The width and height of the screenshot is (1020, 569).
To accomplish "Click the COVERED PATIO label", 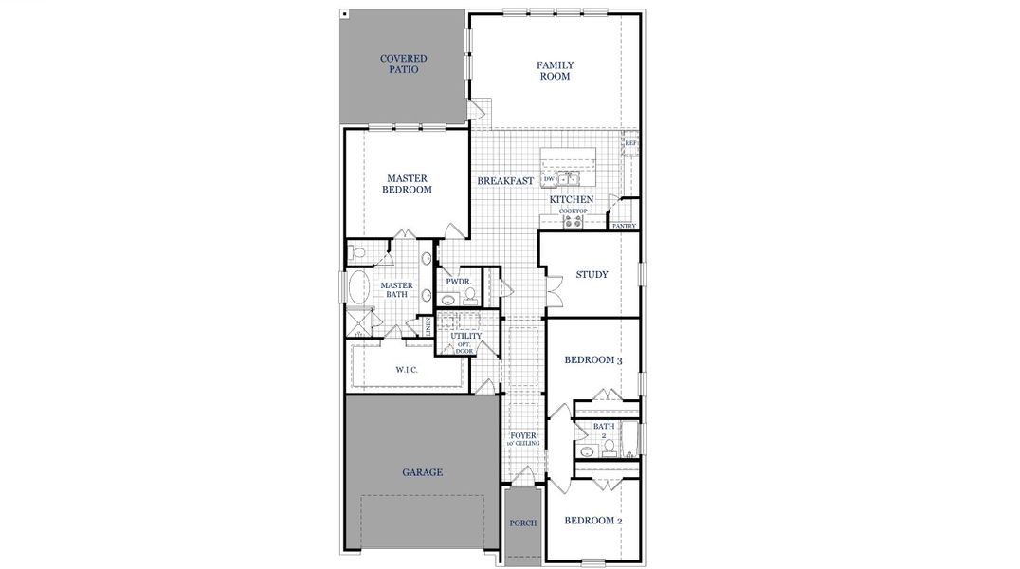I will [403, 64].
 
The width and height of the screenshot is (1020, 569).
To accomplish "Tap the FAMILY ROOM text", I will [555, 71].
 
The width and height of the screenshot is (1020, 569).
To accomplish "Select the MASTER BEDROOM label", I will [407, 184].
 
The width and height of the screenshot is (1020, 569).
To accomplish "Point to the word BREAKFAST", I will [505, 181].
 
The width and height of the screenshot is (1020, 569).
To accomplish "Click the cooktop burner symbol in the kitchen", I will [573, 222].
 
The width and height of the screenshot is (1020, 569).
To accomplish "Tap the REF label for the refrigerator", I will [630, 144].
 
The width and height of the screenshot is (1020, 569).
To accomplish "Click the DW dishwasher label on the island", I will [549, 178].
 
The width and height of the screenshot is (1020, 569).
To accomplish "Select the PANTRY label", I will [623, 227].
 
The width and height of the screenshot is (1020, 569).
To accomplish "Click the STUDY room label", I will [592, 276].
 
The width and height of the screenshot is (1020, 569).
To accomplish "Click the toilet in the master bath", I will [356, 253].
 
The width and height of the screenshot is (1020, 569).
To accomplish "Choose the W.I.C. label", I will [407, 369].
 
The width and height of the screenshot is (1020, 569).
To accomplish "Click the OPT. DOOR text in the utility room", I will [464, 348].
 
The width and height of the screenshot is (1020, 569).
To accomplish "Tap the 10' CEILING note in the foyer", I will [522, 443].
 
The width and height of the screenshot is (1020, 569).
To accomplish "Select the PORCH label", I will [522, 523].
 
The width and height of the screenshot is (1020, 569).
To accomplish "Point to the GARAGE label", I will [422, 471].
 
